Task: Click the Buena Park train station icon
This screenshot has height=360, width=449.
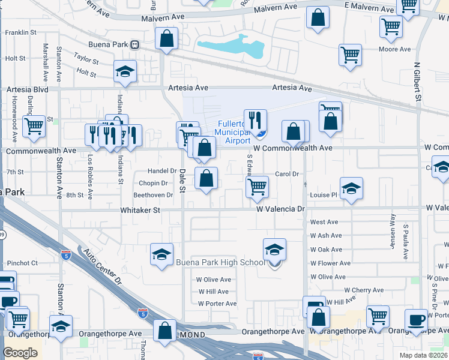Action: pyautogui.click(x=136, y=44)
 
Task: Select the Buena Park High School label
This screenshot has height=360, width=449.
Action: pyautogui.click(x=220, y=262)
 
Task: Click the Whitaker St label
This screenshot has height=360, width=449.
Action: pyautogui.click(x=140, y=211)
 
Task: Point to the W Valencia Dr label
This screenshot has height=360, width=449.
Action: pyautogui.click(x=281, y=209)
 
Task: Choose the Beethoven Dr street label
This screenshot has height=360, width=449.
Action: pyautogui.click(x=152, y=195)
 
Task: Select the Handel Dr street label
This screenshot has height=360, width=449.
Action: pyautogui.click(x=158, y=171)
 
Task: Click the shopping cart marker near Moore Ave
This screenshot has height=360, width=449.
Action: pyautogui.click(x=350, y=55)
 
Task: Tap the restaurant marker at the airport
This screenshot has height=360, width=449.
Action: pyautogui.click(x=255, y=121)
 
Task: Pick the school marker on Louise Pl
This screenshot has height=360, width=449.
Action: pyautogui.click(x=351, y=188)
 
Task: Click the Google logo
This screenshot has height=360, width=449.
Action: pyautogui.click(x=20, y=353)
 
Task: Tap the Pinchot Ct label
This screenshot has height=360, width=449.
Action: pyautogui.click(x=22, y=263)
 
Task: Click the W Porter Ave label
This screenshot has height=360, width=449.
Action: pyautogui.click(x=217, y=304)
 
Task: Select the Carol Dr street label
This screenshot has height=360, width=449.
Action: pyautogui.click(x=287, y=174)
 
